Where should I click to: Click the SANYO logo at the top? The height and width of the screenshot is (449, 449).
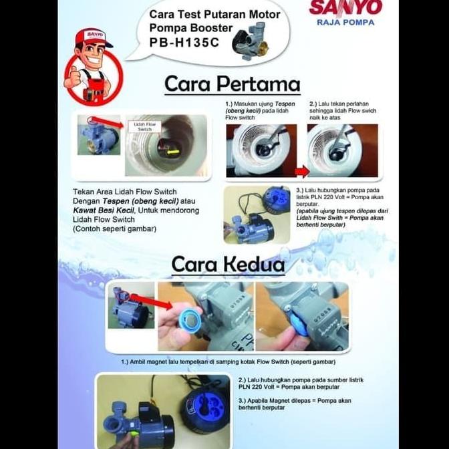345,8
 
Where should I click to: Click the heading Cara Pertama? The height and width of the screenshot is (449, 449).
232,85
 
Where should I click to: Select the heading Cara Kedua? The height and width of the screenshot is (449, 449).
228,264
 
